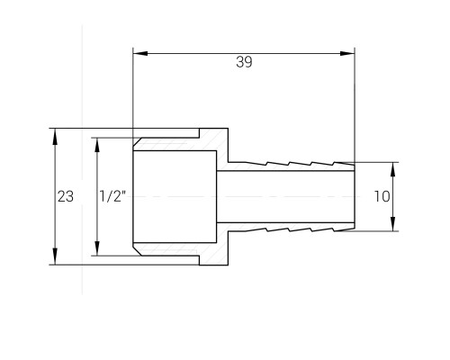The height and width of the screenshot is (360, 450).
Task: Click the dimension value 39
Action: point(244,62)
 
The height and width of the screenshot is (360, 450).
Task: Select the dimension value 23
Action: point(66,196)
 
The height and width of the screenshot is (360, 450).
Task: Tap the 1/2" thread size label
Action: point(112,196)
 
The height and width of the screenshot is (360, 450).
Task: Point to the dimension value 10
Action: point(382,196)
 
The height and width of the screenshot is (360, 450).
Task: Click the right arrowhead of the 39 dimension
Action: point(347,54)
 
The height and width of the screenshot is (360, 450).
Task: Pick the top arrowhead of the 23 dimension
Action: point(55,137)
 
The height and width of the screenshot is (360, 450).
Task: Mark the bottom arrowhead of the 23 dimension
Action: point(55,257)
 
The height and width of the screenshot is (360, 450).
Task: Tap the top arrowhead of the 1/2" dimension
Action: point(96,146)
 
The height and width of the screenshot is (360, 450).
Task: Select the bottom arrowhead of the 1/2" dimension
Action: point(96,247)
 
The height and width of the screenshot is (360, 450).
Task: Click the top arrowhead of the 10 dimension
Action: point(393,170)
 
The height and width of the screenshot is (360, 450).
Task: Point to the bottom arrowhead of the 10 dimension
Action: point(393,223)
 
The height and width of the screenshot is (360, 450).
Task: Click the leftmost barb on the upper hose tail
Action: point(256,164)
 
